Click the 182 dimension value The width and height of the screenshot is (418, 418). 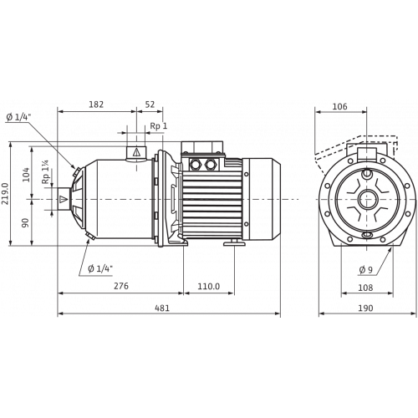click(x=96, y=104)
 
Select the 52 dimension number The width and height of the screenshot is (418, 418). click(x=150, y=104)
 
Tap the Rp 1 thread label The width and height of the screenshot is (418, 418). click(x=159, y=126)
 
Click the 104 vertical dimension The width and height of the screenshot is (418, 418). click(x=26, y=175)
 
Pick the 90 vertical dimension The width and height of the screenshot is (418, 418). click(x=26, y=222)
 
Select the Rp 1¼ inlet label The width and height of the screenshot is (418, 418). click(x=45, y=171)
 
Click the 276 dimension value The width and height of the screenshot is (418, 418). click(x=121, y=286)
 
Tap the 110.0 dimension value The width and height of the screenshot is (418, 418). click(x=209, y=286)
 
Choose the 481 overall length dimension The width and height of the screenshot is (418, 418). click(x=161, y=308)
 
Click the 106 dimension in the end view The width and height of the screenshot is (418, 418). click(x=340, y=106)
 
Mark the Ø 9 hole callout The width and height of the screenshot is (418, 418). click(x=365, y=269)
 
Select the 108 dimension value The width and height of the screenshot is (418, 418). click(x=365, y=288)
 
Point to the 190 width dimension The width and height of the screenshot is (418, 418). click(x=365, y=308)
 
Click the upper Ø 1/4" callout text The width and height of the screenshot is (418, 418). click(x=18, y=117)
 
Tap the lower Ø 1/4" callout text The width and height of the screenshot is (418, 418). click(x=100, y=269)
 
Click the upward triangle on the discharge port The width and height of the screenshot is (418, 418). click(x=136, y=152)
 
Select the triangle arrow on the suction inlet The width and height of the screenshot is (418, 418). click(x=64, y=199)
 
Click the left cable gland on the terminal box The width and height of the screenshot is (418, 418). click(x=194, y=164)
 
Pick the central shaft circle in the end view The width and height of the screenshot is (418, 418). click(x=368, y=200)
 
